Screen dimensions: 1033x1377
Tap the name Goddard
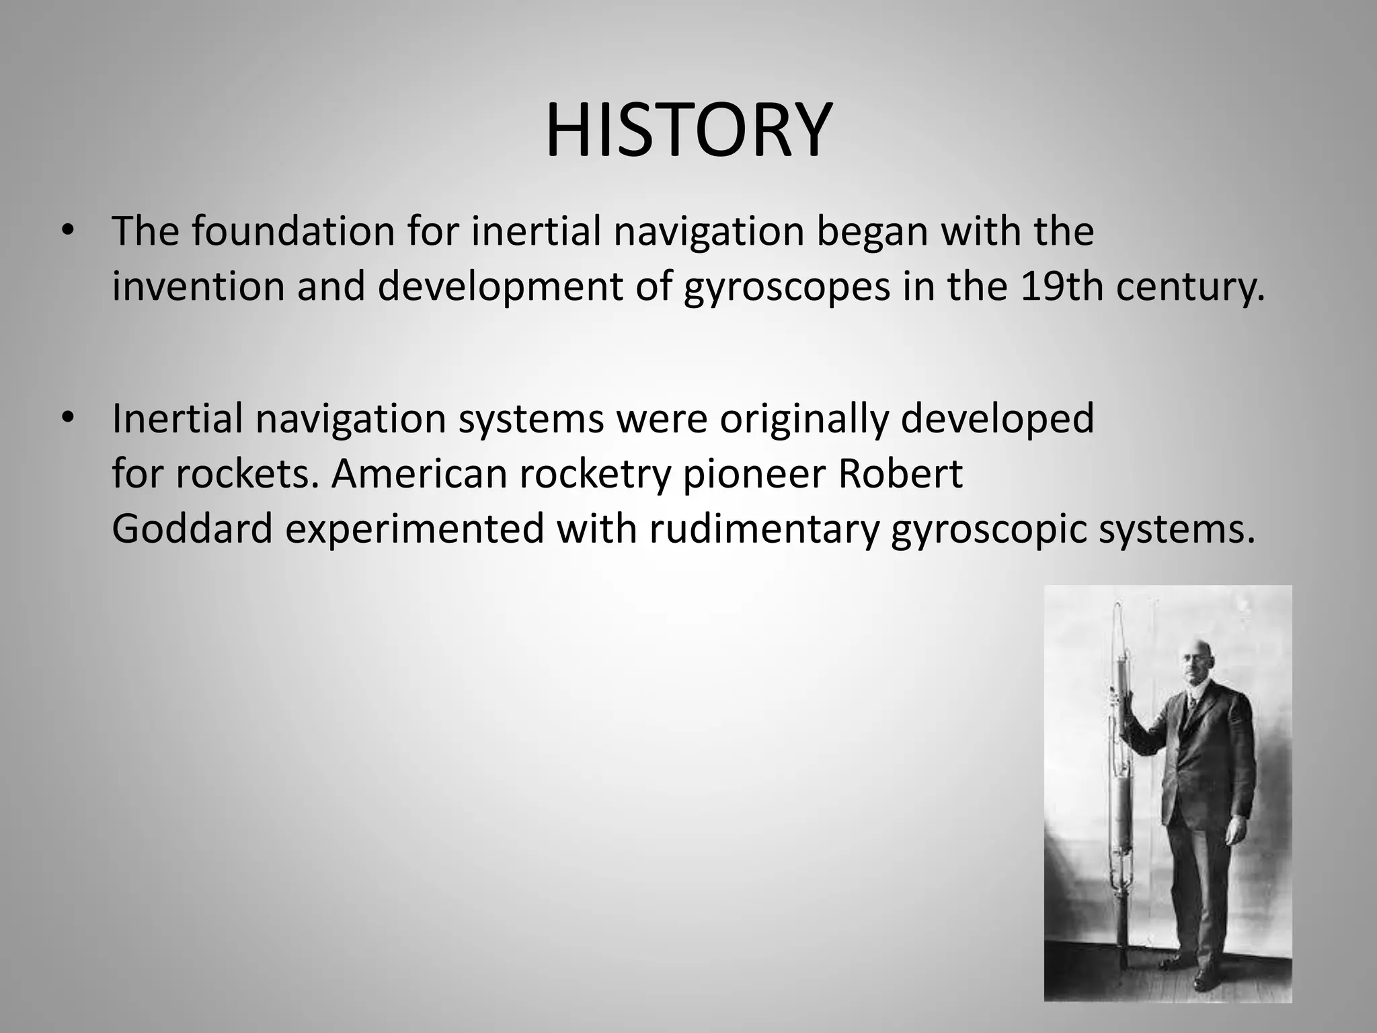point(192,529)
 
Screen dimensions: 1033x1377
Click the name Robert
point(900,474)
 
